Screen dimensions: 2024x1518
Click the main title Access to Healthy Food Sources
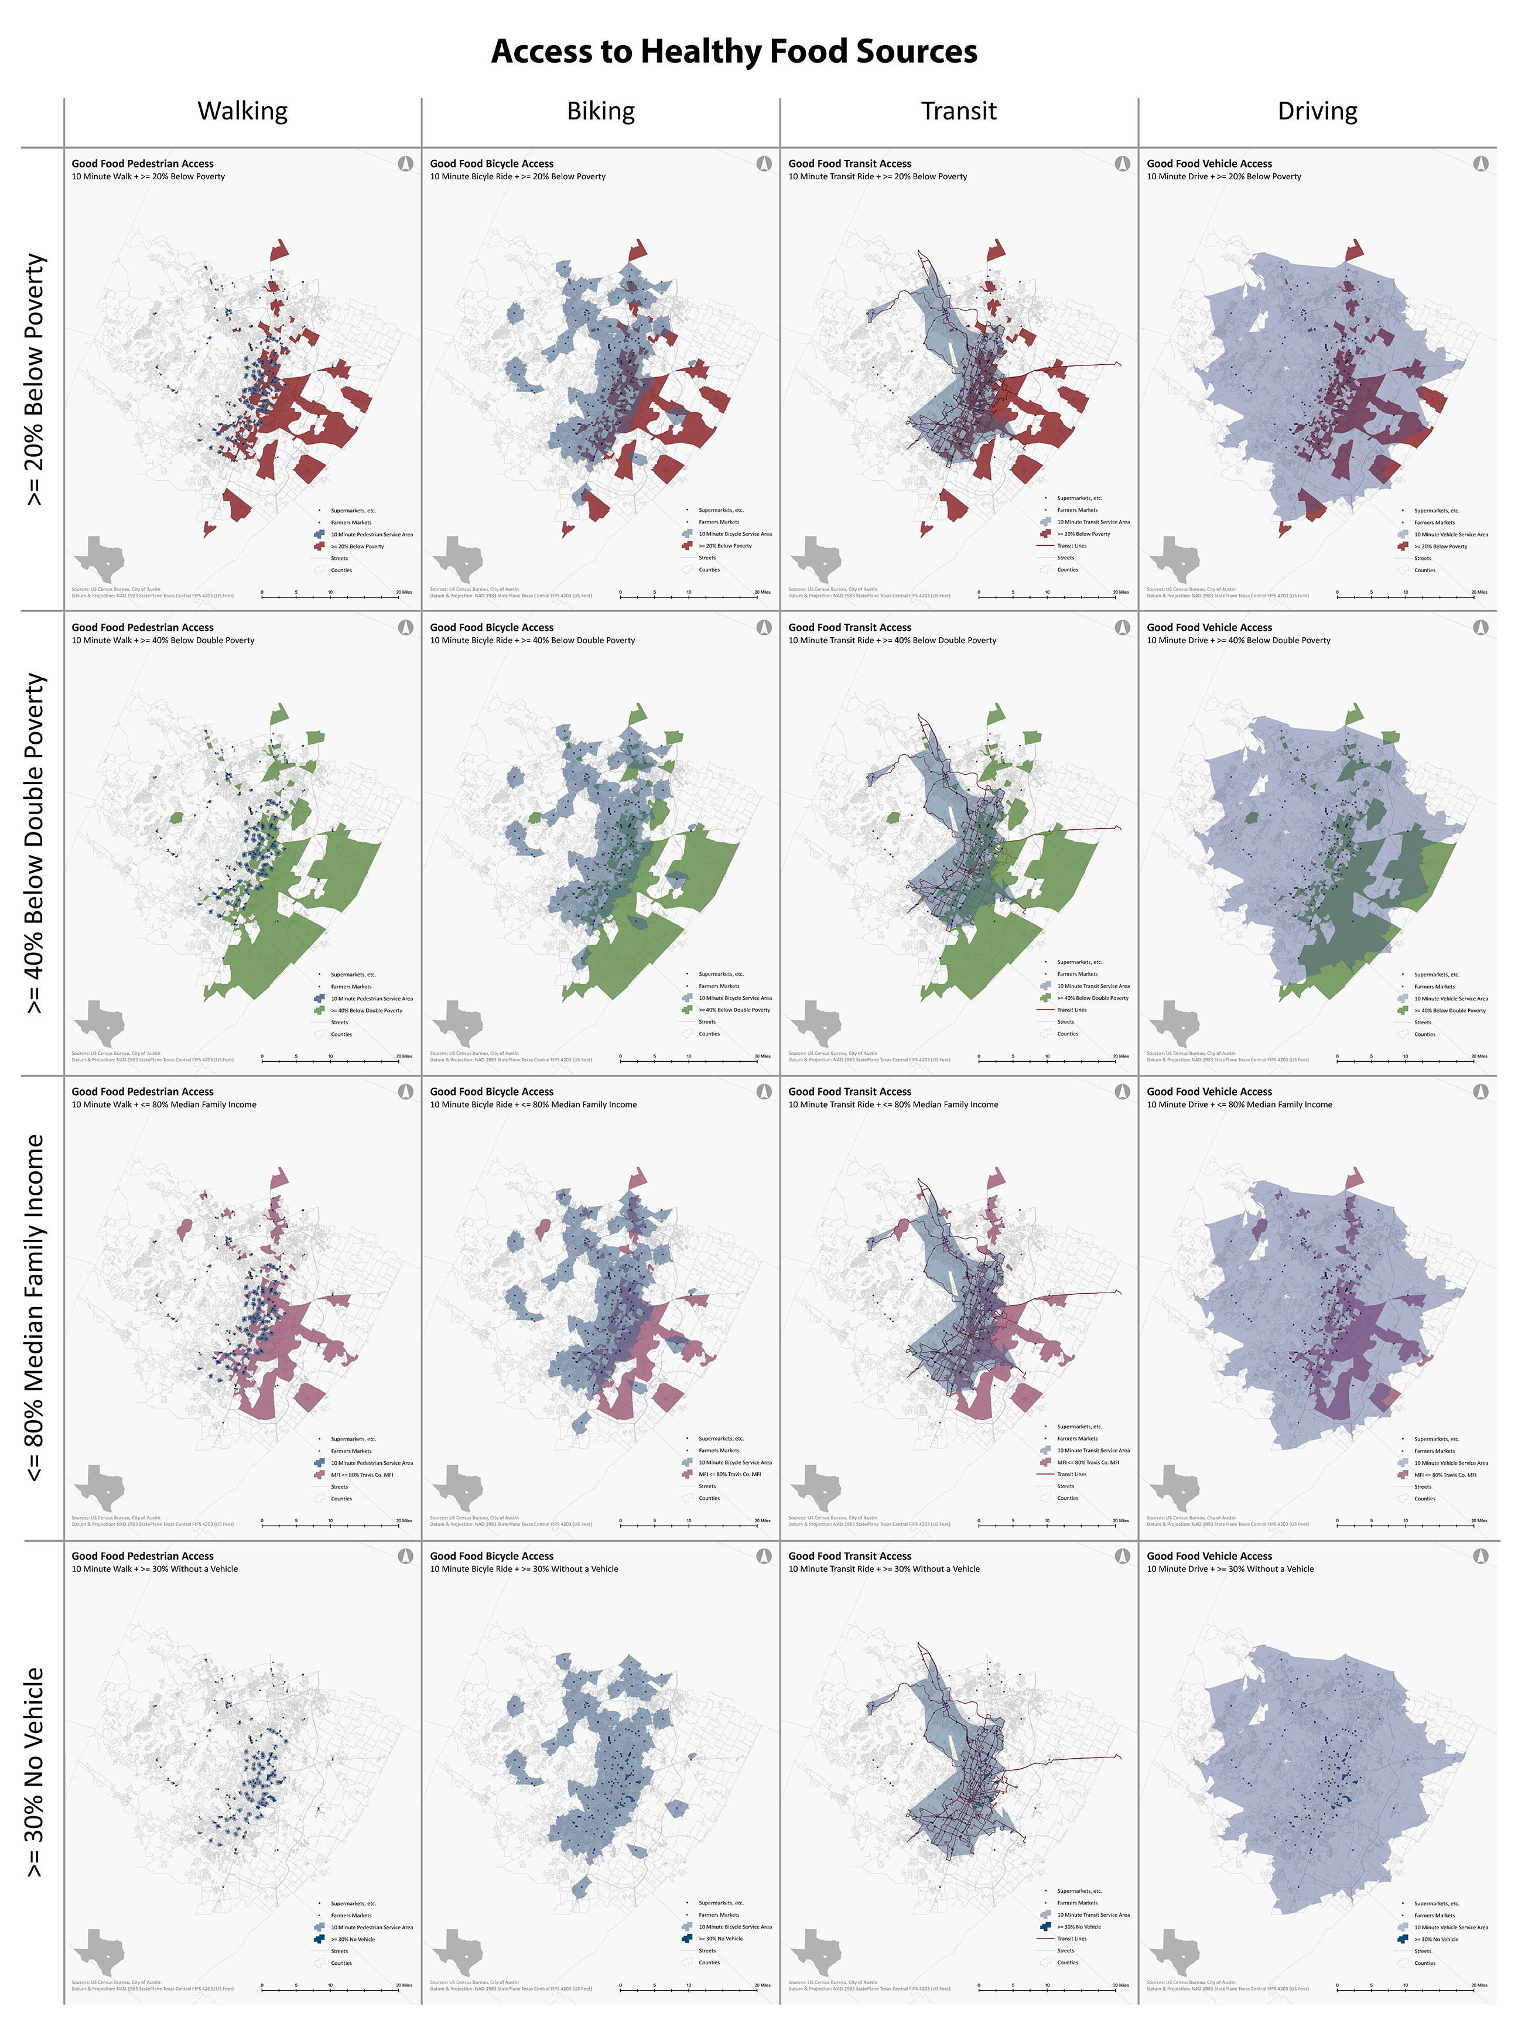[734, 51]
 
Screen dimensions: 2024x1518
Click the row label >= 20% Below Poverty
[34, 379]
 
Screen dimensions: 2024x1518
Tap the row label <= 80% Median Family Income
[34, 1308]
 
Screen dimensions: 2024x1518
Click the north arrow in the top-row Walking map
[405, 163]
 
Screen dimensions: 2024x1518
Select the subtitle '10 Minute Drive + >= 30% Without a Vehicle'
[1230, 1568]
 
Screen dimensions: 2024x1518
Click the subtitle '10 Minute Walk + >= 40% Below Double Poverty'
[163, 641]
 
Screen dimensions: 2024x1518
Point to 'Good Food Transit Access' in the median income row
[849, 1092]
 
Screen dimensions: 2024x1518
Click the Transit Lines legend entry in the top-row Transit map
[1072, 545]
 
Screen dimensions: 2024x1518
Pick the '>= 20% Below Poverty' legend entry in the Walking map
[357, 546]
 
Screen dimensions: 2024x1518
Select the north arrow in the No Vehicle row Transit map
[1122, 1555]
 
